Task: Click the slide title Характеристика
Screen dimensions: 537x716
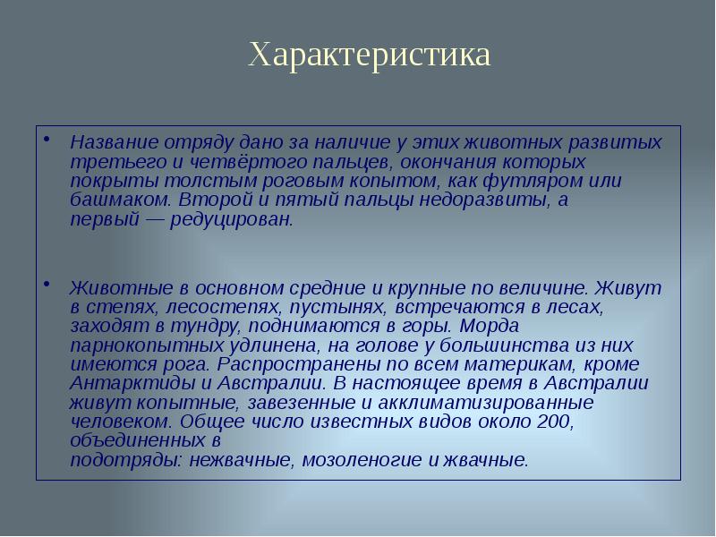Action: tap(369, 55)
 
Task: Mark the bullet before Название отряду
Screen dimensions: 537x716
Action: tap(46, 141)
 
